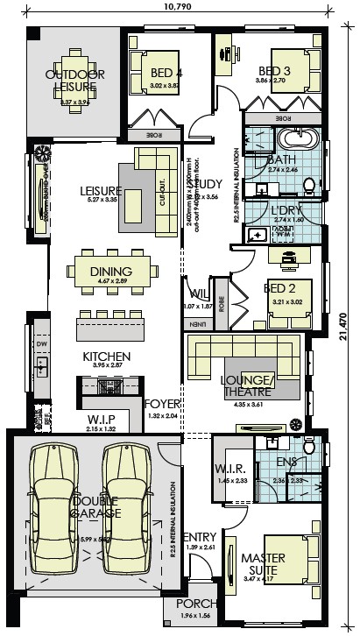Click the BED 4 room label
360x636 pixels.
click(x=166, y=73)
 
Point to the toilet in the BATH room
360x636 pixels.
click(x=308, y=183)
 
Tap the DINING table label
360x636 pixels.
click(x=111, y=271)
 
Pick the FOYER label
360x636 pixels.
click(x=162, y=404)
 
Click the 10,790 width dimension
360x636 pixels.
click(x=179, y=8)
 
